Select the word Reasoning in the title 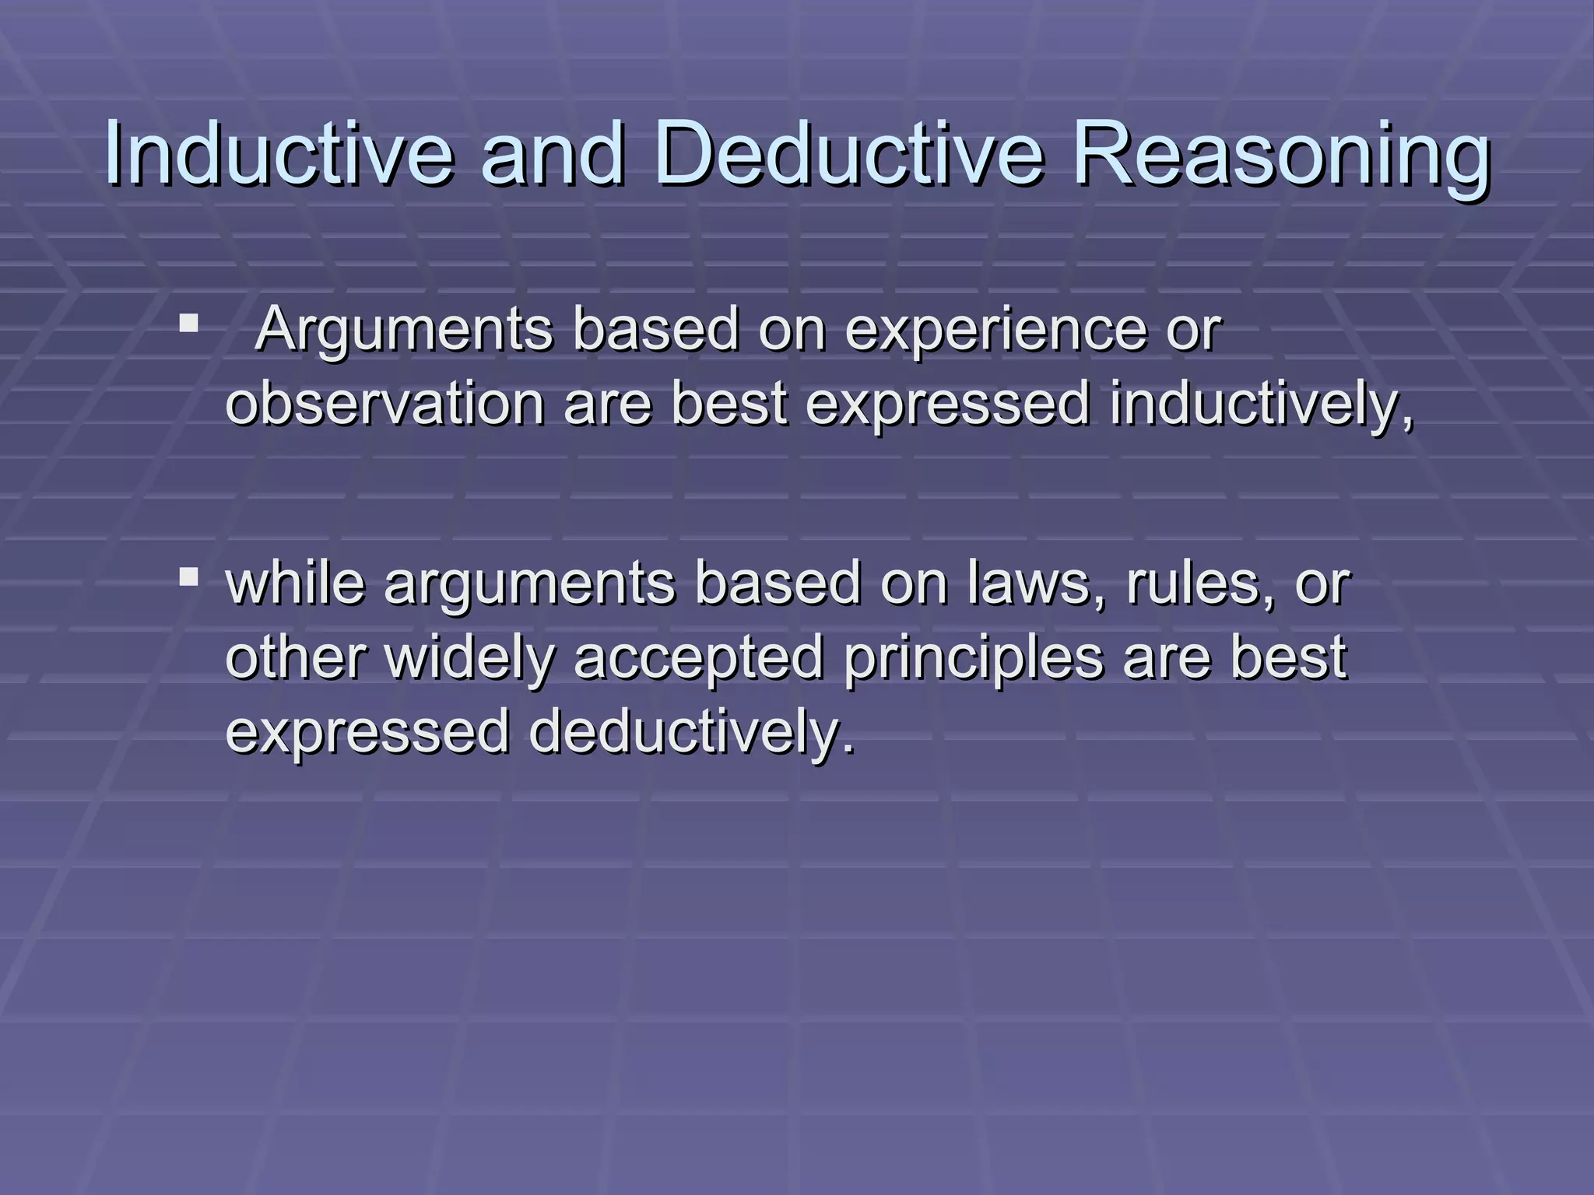[1281, 156]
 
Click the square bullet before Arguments [188, 322]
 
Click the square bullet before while [188, 576]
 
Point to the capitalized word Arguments [403, 331]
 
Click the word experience [995, 331]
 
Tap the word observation [384, 405]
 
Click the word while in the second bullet [295, 583]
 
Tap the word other [295, 658]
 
